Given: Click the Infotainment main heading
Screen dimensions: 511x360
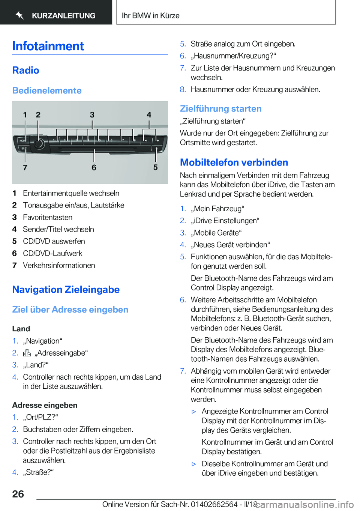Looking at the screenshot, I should tap(48, 46).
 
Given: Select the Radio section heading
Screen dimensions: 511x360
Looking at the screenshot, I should tap(25, 70).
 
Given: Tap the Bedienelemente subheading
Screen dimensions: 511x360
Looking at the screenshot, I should tap(47, 90).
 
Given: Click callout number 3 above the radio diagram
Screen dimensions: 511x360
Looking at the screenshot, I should tap(92, 115).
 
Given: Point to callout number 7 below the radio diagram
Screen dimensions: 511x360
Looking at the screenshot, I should tap(25, 167).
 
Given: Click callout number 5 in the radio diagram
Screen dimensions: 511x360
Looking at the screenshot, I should tap(155, 167).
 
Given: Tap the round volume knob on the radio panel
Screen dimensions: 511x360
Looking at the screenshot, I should tap(38, 143).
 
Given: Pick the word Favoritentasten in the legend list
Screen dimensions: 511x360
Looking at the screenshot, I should tap(48, 217).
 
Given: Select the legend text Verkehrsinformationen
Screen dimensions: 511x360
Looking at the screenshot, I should tap(59, 265).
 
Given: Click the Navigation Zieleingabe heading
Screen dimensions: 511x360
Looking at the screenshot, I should tap(66, 290).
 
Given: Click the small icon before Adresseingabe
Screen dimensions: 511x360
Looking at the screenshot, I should tap(27, 353).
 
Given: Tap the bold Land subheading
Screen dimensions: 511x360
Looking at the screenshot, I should tap(21, 329).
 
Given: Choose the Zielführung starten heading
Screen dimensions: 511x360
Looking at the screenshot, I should tap(220, 109).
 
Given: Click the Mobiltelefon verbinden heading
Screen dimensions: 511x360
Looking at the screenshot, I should tap(234, 162).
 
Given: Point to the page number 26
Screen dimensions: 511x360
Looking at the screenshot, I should tap(18, 494).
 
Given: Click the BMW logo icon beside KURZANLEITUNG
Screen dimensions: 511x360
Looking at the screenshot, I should tap(20, 15).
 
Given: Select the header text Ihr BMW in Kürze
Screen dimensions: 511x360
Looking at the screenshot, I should tap(151, 15).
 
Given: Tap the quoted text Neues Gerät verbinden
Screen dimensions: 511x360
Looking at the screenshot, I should tap(230, 245).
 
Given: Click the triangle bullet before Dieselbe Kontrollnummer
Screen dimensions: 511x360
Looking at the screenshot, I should tap(194, 464).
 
